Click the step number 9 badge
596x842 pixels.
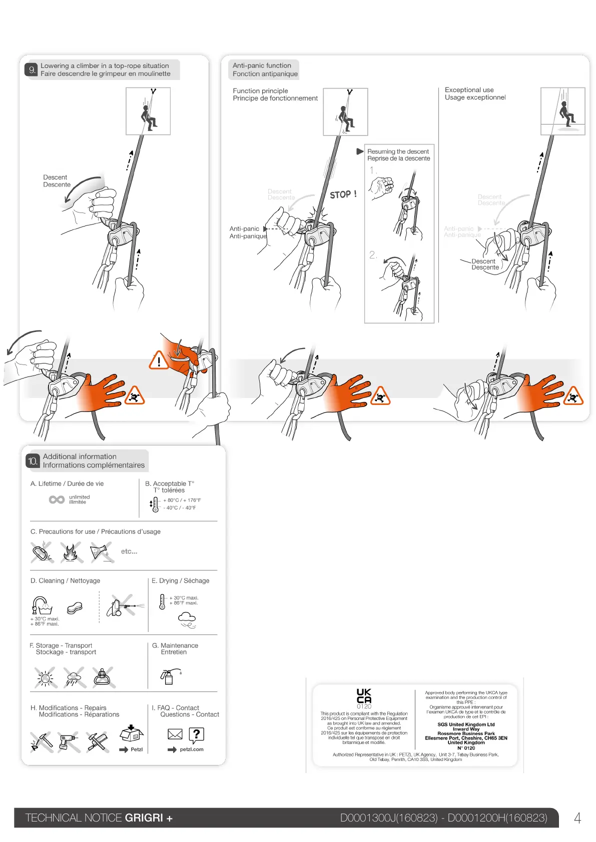click(x=32, y=70)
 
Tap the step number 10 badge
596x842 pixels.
click(x=33, y=461)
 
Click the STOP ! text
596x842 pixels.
click(x=343, y=194)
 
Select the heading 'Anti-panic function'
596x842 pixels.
click(x=262, y=65)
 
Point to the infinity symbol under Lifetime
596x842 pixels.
click(x=57, y=499)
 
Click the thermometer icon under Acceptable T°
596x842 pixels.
click(x=155, y=504)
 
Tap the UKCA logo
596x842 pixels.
click(x=364, y=696)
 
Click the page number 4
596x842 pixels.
click(x=577, y=818)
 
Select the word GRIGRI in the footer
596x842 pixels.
click(x=144, y=818)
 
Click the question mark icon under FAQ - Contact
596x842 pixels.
click(x=197, y=734)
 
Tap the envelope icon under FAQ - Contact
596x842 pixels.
click(x=175, y=734)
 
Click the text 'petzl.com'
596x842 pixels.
click(x=192, y=749)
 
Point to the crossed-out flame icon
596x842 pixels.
click(x=71, y=552)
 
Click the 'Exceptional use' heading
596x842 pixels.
click(x=469, y=90)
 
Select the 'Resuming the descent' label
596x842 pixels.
click(x=398, y=151)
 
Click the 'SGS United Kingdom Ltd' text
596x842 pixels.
click(x=466, y=724)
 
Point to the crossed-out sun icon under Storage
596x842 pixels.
click(x=46, y=677)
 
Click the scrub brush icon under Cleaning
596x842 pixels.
click(x=75, y=607)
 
